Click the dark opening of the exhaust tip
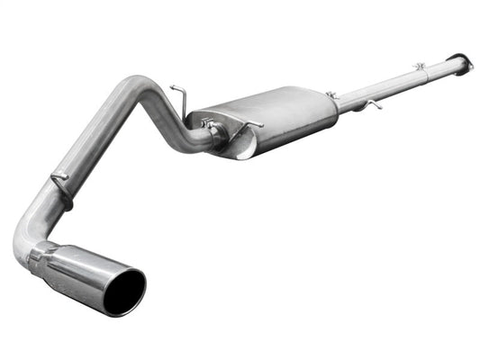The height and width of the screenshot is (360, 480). (x=123, y=291)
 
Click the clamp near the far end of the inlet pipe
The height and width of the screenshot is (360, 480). (x=420, y=68)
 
